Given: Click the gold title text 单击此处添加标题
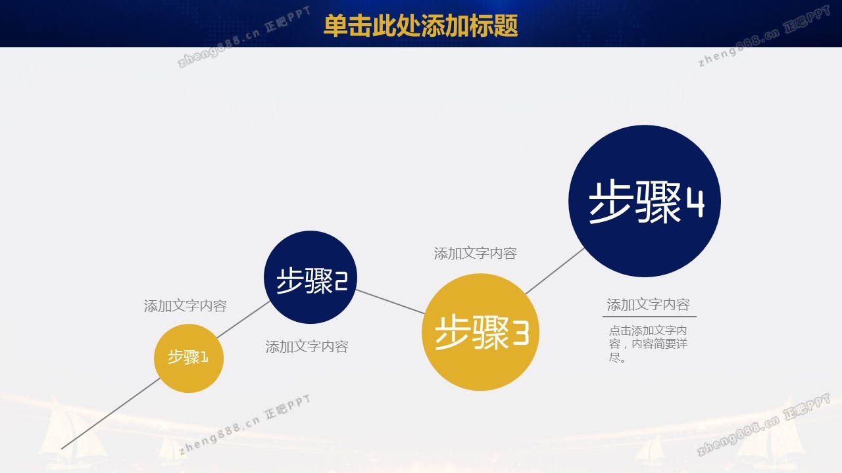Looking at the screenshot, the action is coord(420,26).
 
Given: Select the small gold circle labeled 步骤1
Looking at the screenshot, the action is coord(189,359).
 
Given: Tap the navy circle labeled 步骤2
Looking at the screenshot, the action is coord(310,277).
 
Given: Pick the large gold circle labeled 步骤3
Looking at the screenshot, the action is coord(480,332).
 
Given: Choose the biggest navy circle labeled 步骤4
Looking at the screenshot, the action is coord(645,201).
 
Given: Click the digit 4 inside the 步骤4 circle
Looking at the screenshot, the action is coord(695,204).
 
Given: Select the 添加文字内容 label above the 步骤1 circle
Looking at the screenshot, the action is coord(186,306).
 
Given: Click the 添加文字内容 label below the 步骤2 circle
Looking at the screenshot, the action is coord(307,346).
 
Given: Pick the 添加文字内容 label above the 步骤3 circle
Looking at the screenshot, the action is coord(476,254).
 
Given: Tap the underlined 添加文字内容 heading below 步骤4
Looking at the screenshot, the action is coord(649,304).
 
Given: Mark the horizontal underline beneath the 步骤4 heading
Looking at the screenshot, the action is coord(649,317).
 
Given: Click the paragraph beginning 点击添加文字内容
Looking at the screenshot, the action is coord(648,344).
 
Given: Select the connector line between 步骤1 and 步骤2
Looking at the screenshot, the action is coord(243,319).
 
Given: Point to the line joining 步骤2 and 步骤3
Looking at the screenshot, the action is coord(390,302).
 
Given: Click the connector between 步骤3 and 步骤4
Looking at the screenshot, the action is coord(555,271).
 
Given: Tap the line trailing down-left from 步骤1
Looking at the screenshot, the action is coord(111,414).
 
